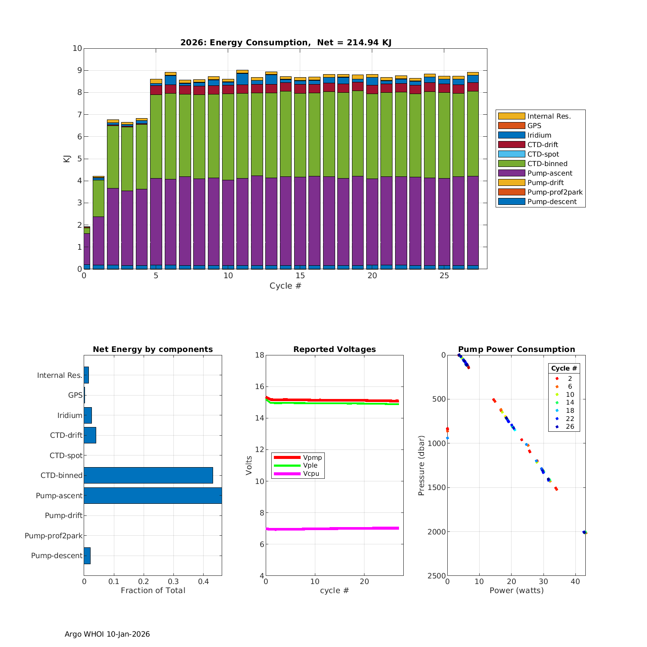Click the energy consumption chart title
coord(286,42)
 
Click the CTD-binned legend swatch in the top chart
coord(511,163)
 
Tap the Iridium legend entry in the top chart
coord(539,135)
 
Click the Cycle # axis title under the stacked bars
coord(285,286)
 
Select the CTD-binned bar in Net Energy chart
coord(148,475)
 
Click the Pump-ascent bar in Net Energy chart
coord(153,495)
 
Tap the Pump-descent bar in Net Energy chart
coord(87,556)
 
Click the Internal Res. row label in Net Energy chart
coord(60,375)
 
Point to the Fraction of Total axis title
coord(153,590)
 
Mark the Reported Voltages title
coord(334,349)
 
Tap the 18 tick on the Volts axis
coord(260,355)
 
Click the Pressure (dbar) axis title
coord(421,465)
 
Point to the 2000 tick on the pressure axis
coord(437,532)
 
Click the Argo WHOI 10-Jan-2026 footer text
coord(107,634)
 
